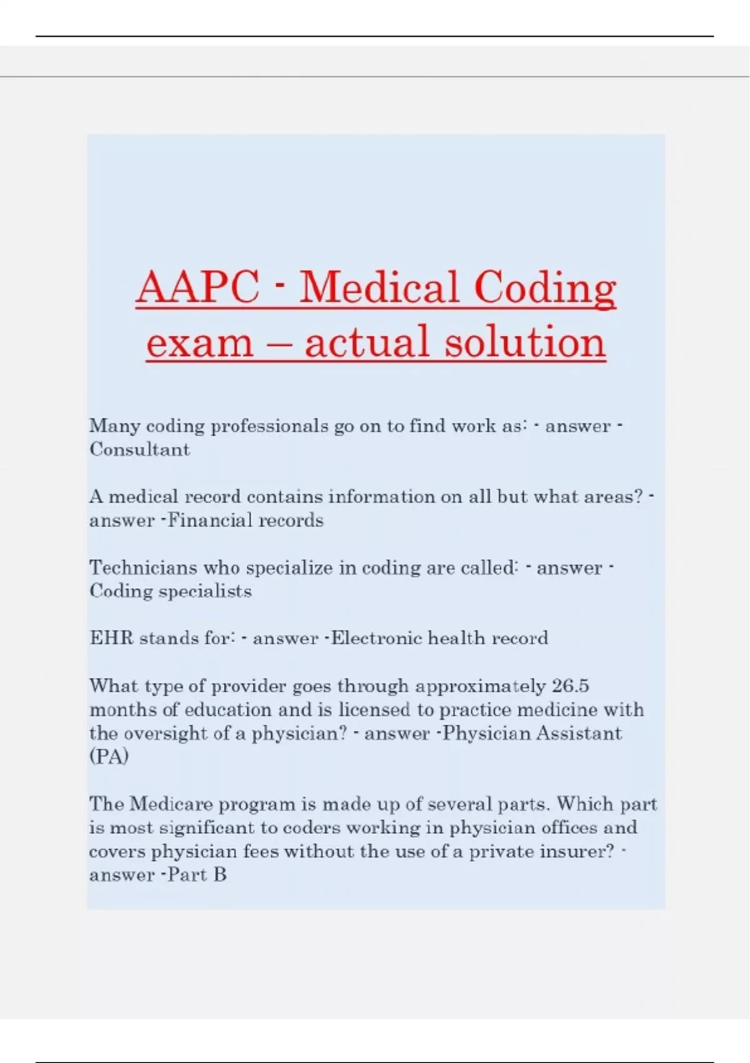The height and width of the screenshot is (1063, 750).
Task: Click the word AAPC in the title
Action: coord(197,288)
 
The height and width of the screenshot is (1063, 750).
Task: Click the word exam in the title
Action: coord(200,343)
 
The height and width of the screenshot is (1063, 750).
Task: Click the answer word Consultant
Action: coord(139,450)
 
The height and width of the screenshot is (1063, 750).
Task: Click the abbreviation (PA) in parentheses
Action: coord(109,757)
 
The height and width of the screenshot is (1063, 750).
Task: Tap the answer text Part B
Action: coord(197,875)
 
